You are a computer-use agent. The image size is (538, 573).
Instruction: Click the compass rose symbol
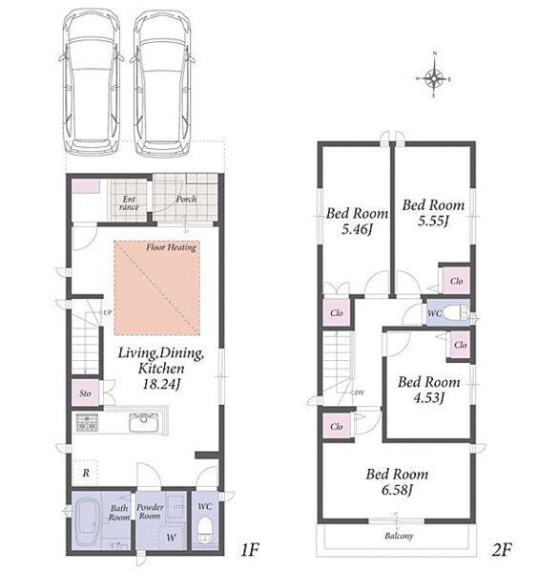click(434, 76)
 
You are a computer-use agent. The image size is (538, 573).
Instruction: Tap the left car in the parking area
click(92, 82)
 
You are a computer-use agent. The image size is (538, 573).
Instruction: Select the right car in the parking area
click(162, 82)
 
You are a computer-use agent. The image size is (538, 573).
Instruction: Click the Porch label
click(186, 200)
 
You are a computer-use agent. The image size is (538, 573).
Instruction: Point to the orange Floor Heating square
click(157, 288)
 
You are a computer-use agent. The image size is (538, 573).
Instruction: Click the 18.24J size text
click(161, 385)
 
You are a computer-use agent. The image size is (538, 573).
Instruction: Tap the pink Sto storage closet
click(86, 393)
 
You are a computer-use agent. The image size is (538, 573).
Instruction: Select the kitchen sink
click(144, 423)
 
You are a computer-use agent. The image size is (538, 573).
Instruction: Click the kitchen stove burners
click(87, 422)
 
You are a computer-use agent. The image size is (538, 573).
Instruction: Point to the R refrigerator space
click(86, 473)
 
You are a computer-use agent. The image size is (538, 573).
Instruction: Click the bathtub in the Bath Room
click(90, 523)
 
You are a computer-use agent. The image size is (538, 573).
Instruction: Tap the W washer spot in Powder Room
click(172, 538)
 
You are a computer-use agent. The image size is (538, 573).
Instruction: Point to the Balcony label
click(399, 536)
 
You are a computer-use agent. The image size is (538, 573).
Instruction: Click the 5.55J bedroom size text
click(433, 222)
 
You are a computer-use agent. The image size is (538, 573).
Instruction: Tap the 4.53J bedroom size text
click(428, 397)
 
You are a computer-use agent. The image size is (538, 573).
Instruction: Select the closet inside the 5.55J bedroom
click(456, 281)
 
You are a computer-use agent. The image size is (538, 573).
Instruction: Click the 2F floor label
click(502, 550)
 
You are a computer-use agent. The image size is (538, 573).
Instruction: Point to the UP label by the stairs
click(107, 313)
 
